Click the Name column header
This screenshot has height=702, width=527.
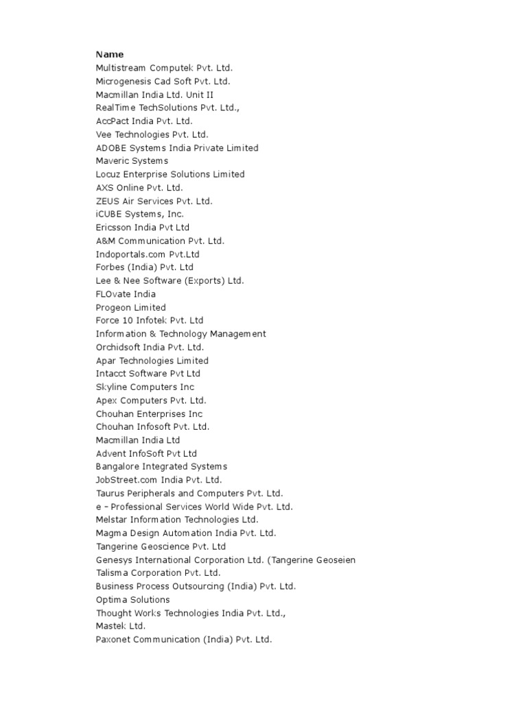110,54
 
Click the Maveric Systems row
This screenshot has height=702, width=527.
132,161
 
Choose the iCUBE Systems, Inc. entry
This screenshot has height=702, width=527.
139,215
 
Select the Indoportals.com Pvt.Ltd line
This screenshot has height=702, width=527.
148,254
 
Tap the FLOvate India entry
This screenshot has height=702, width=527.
126,294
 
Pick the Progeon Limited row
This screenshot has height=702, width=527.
130,308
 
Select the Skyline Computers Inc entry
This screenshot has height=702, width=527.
145,387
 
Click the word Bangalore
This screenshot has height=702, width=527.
118,467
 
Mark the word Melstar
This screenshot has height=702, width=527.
112,520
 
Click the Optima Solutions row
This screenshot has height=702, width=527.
132,600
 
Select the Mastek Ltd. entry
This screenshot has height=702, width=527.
121,626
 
